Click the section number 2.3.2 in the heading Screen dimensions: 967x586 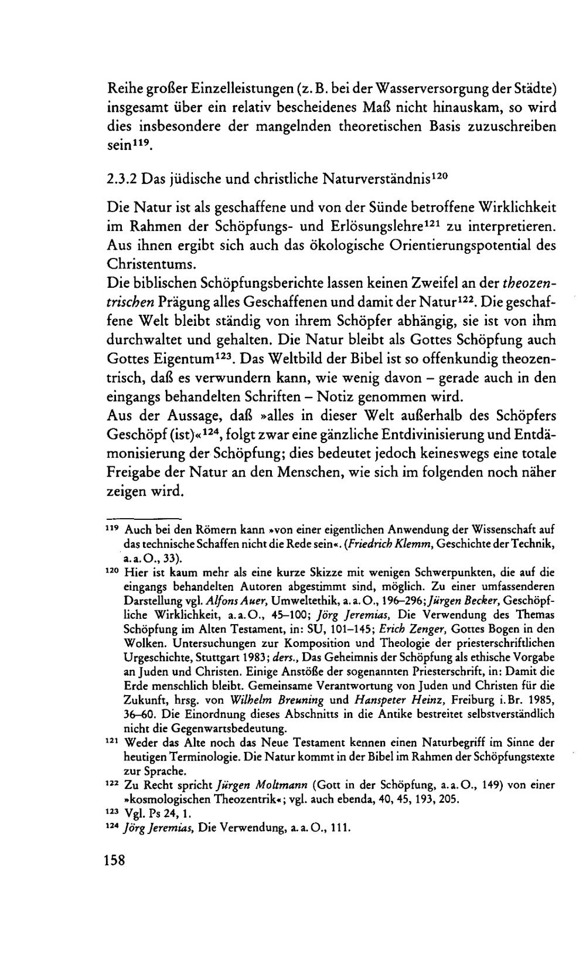[122, 178]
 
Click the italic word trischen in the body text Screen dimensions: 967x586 [130, 302]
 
